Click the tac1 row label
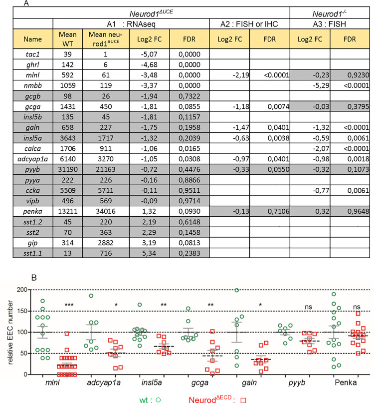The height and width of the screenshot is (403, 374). [32, 54]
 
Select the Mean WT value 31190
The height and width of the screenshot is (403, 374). [67, 169]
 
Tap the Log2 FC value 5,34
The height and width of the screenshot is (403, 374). [149, 253]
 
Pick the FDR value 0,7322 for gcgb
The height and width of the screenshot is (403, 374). [189, 96]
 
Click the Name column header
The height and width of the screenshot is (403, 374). [32, 39]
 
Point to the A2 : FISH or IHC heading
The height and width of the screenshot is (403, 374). [249, 24]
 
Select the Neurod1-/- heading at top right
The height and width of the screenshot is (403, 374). [329, 13]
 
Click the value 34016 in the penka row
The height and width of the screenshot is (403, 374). [106, 211]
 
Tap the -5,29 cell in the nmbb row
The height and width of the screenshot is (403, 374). [321, 85]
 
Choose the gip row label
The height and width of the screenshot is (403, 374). [32, 243]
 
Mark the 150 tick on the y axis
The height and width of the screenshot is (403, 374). [22, 311]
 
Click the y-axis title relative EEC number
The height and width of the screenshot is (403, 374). [10, 332]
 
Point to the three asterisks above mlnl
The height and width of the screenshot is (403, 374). [69, 305]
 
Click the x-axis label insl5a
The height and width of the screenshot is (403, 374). [152, 383]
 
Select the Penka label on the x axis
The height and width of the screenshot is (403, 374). [346, 383]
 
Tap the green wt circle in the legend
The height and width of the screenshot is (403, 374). [158, 400]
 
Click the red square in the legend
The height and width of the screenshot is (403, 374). [243, 400]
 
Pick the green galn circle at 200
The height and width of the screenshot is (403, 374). [237, 290]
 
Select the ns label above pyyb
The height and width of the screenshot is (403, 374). [308, 307]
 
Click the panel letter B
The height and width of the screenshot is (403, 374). [34, 278]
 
